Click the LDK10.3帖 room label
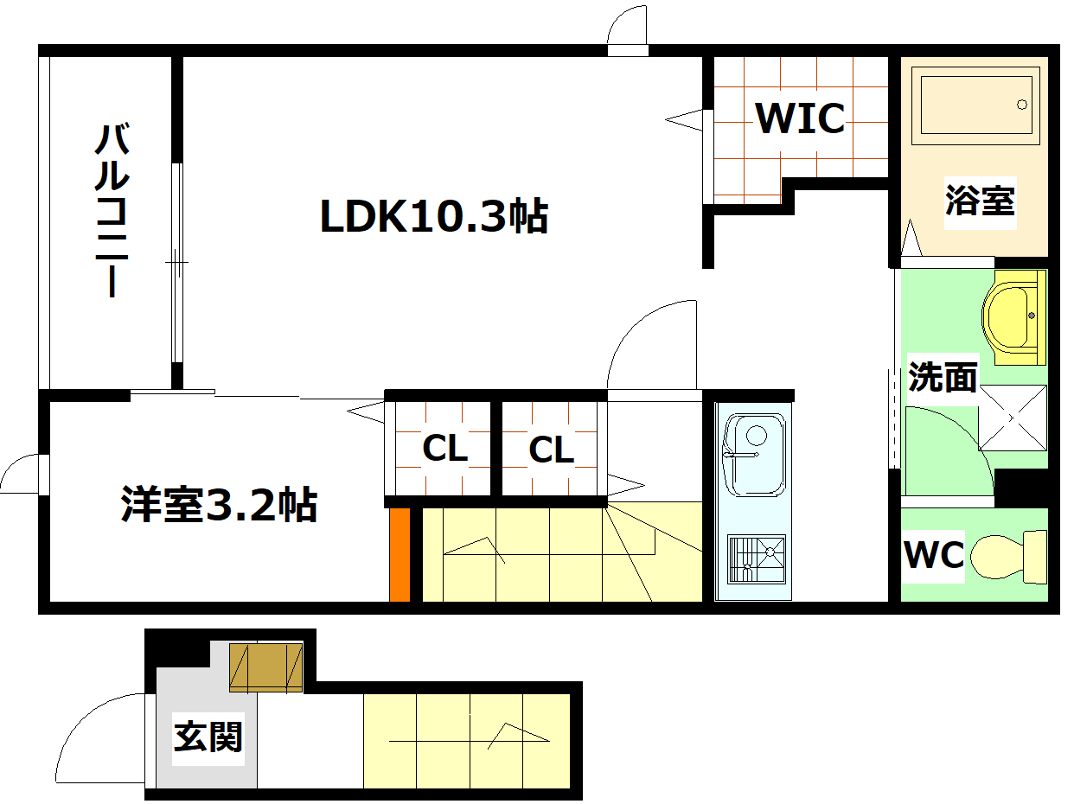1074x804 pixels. pyautogui.click(x=434, y=216)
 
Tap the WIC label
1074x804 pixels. pyautogui.click(x=800, y=118)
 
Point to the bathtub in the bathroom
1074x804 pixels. pyautogui.click(x=976, y=105)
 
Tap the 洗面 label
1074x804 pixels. pyautogui.click(x=943, y=377)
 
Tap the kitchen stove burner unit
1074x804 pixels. pyautogui.click(x=756, y=562)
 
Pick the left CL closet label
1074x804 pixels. pyautogui.click(x=444, y=449)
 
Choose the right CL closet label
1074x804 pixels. pyautogui.click(x=551, y=450)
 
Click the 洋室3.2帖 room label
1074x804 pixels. pyautogui.click(x=219, y=505)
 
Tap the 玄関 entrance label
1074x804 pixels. pyautogui.click(x=208, y=737)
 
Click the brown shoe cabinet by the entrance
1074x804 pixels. pyautogui.click(x=266, y=667)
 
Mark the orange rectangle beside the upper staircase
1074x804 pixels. pyautogui.click(x=400, y=554)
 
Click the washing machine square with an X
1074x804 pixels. pyautogui.click(x=1013, y=418)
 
